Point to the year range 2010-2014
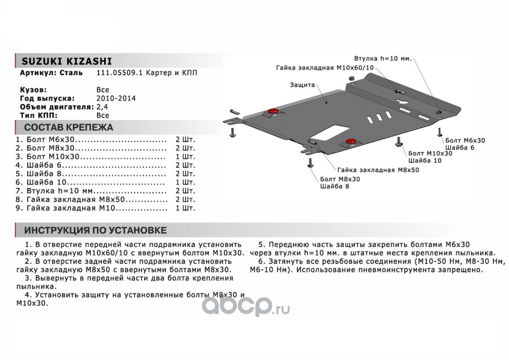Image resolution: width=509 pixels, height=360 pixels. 116,98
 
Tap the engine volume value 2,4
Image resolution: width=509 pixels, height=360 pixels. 103,107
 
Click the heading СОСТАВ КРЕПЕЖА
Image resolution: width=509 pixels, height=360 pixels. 68,127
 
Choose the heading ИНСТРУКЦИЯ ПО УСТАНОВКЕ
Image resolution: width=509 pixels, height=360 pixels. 95,230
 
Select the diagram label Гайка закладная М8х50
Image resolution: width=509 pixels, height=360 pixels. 378,170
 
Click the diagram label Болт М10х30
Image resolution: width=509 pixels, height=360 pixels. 430,153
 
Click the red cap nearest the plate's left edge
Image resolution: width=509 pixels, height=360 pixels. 272,111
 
